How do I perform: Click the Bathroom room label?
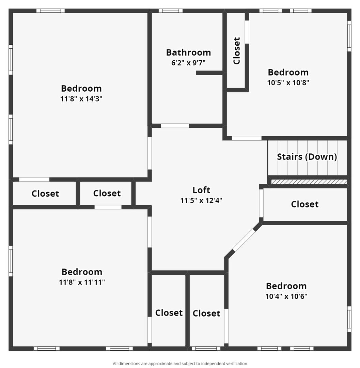pos(189,52)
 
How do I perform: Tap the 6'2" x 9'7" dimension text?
pos(188,63)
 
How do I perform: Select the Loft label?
pos(201,190)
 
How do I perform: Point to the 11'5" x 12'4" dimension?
pos(201,200)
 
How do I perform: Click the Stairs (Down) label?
pos(307,157)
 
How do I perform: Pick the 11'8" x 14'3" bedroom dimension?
pos(81,99)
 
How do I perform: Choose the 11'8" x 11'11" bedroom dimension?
pos(82,282)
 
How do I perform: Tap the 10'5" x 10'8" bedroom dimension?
pos(288,82)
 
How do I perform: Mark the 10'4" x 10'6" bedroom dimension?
pos(286,296)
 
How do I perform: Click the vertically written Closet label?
pos(237,51)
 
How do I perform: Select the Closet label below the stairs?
pos(304,204)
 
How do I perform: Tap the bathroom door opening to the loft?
pos(175,126)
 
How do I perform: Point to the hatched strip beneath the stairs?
pos(309,182)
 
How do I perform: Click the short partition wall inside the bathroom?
pos(209,73)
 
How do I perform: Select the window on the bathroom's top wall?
pos(171,11)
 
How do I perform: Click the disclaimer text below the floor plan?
pos(180,364)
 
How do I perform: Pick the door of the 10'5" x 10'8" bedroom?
pos(247,138)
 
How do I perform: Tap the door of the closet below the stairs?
pos(261,203)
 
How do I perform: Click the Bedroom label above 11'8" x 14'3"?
pos(81,89)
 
